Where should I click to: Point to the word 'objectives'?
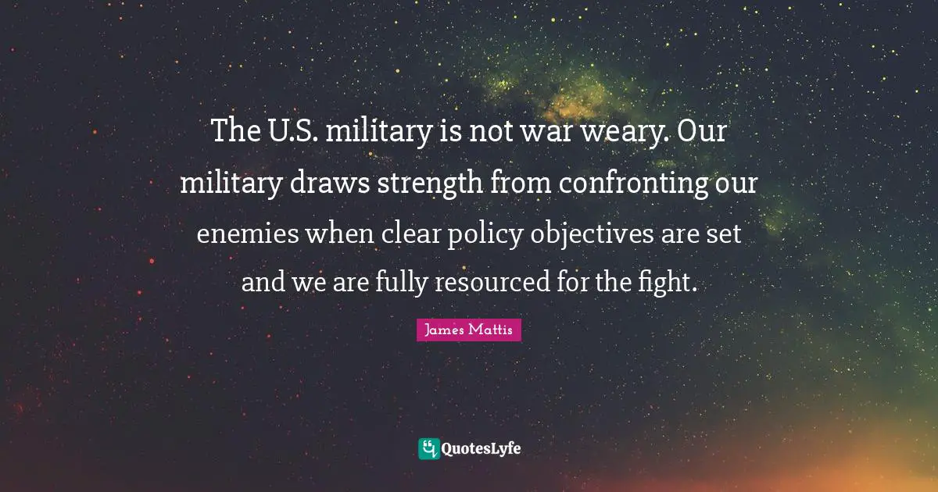click(x=584, y=234)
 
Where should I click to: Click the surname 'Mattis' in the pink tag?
click(x=492, y=330)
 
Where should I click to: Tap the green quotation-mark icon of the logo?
click(x=428, y=448)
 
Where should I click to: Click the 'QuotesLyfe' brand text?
click(x=481, y=448)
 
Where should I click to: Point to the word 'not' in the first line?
click(x=489, y=132)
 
